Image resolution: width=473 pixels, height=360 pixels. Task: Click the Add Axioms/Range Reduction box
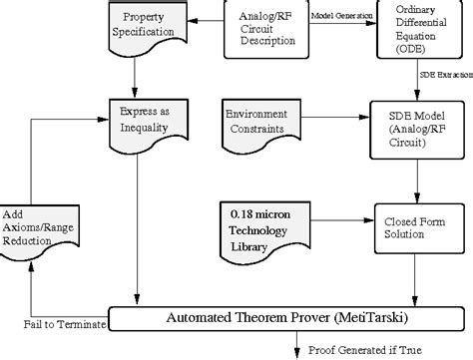coord(36,223)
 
